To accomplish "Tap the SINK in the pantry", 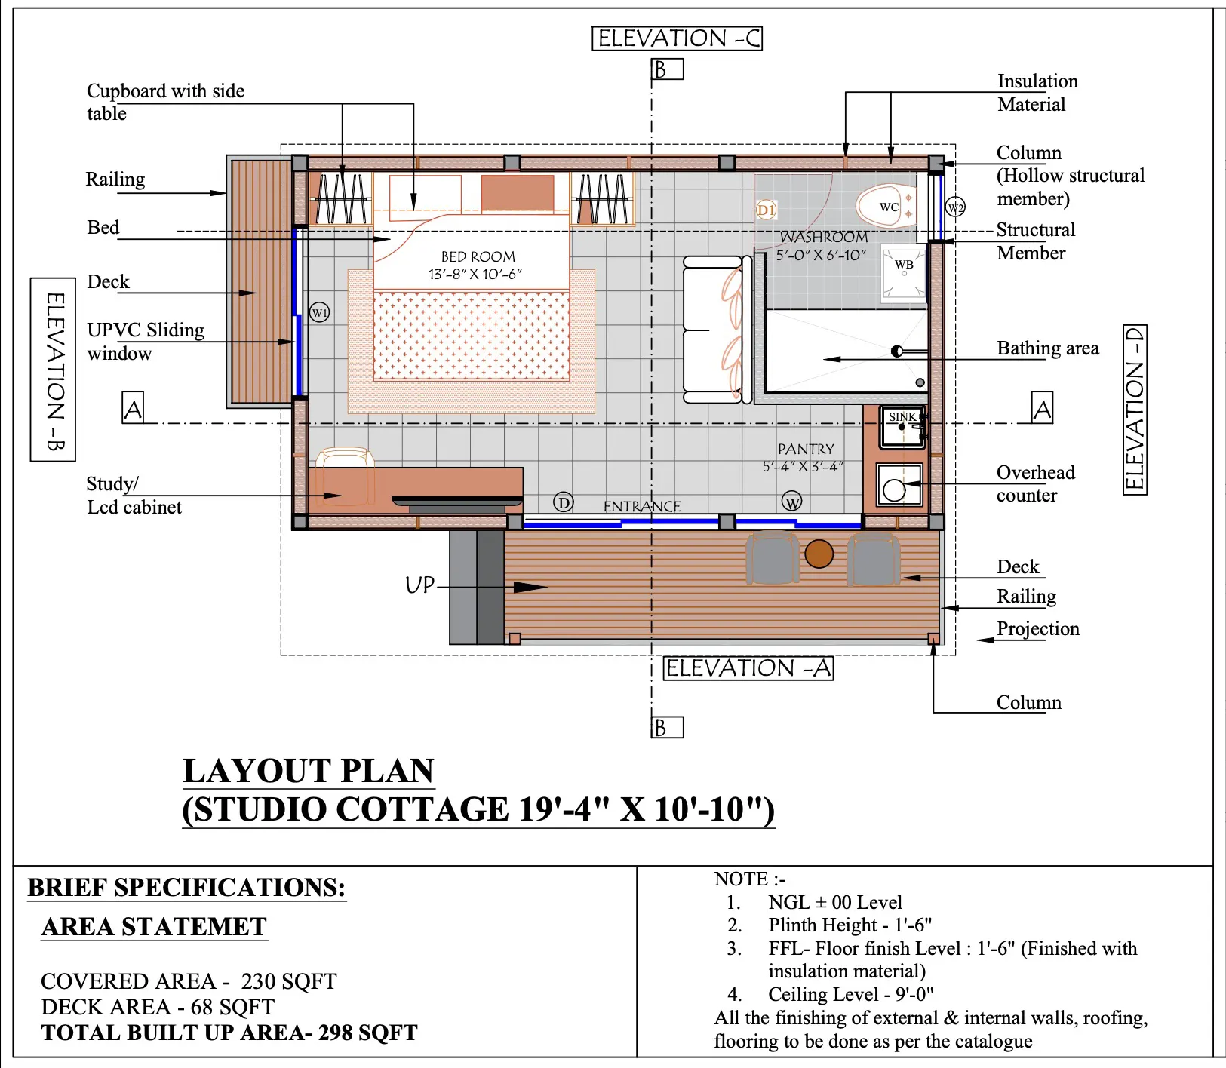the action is click(903, 427).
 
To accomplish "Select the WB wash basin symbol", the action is click(904, 275).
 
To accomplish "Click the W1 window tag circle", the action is click(320, 312).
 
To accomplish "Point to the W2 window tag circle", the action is click(955, 207).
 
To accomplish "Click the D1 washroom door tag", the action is click(766, 210).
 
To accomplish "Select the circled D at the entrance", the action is click(564, 502).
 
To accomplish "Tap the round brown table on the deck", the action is click(819, 553).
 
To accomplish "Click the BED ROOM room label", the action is click(478, 257).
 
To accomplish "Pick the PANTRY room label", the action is click(806, 449).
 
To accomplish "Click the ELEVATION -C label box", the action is click(678, 38).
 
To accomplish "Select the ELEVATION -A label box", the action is click(748, 668).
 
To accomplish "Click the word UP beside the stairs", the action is click(419, 585).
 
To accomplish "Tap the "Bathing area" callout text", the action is click(1048, 348).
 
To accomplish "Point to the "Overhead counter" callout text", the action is click(1035, 483).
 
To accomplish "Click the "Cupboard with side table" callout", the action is click(165, 102).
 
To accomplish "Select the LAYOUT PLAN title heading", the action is click(309, 771).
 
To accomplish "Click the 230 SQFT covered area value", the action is click(289, 981).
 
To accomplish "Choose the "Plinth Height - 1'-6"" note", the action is click(850, 925).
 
